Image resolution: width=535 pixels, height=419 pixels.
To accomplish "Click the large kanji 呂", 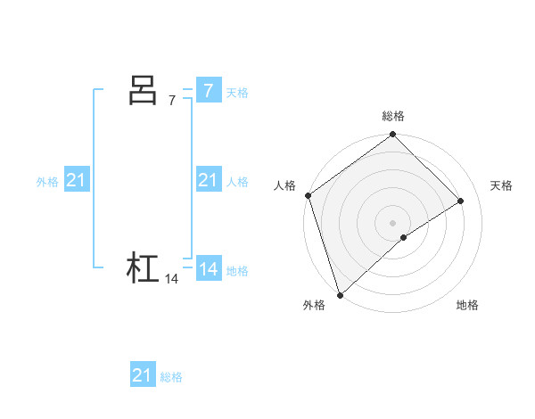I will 143,90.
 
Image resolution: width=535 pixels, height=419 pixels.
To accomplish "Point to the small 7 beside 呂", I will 172,101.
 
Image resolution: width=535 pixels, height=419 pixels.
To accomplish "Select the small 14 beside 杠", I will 172,279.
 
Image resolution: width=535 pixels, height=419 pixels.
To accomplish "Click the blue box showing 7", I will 208,90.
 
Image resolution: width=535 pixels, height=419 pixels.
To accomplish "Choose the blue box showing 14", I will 208,269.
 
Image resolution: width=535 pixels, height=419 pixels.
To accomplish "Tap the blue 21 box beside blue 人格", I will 208,180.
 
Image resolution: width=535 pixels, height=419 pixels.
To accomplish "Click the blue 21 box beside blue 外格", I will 76,180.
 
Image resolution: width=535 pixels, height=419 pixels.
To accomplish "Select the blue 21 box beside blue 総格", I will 143,375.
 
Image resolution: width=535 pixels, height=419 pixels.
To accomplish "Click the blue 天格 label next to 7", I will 237,92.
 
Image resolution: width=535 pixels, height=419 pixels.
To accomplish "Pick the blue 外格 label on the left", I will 47,182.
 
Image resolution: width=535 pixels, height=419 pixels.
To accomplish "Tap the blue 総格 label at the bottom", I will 171,377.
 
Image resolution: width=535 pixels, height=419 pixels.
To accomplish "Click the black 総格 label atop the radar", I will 393,116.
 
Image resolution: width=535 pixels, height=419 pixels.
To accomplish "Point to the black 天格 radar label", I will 501,185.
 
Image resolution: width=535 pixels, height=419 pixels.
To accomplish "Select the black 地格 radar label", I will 467,305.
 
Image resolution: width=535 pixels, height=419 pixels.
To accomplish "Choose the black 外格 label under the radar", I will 314,305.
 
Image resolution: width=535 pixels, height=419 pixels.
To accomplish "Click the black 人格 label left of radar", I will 284,185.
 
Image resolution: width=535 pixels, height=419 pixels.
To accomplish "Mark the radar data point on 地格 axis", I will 404,237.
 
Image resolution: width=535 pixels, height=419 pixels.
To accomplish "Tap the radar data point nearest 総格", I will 393,136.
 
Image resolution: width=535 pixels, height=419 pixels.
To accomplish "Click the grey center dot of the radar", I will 393,223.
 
